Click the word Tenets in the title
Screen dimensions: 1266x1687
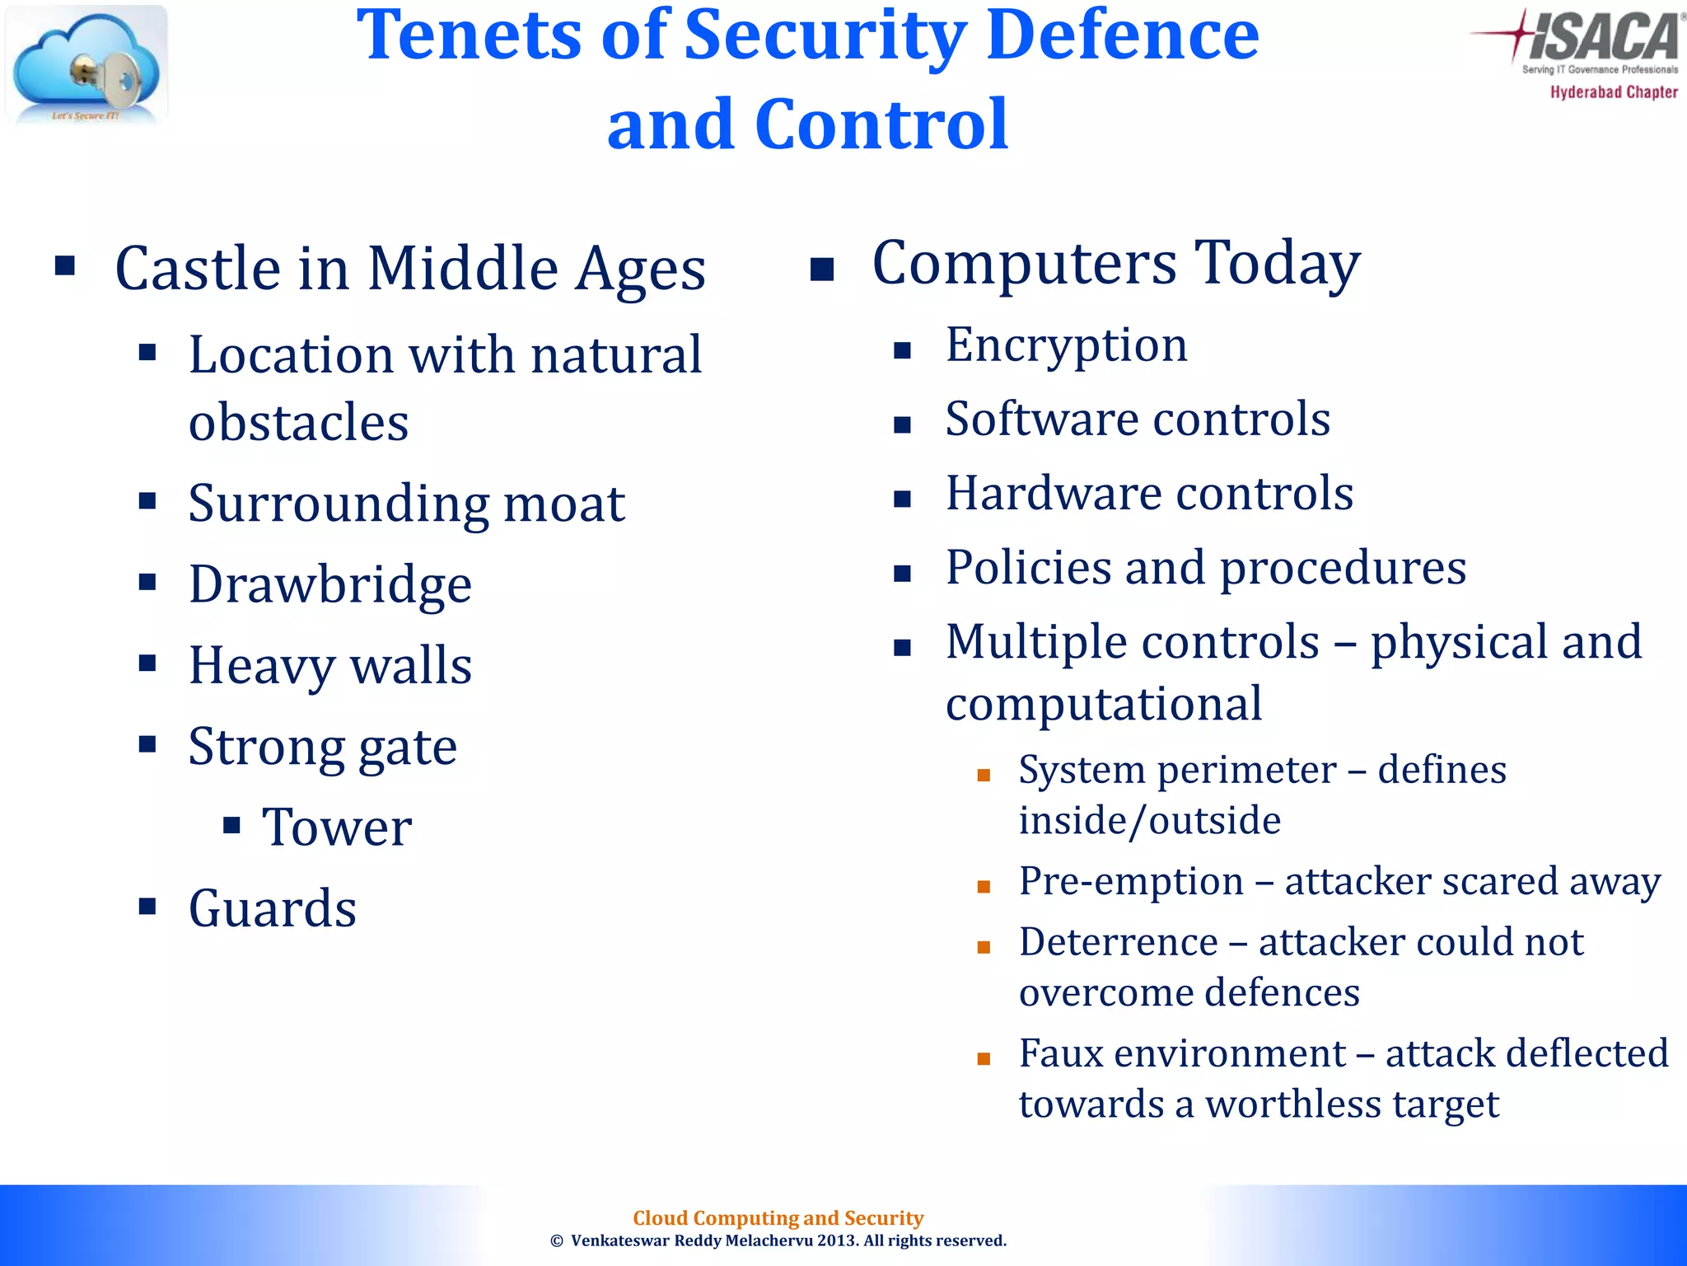470,36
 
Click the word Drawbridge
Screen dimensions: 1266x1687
330,584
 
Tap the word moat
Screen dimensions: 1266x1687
564,504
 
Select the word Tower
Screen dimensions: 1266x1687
337,828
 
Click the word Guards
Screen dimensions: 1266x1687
273,908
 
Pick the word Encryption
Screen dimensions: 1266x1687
1066,346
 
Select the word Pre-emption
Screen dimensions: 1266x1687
1130,881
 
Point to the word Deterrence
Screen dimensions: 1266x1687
1118,942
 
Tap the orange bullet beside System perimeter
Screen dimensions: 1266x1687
983,776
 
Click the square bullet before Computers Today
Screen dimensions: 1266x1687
822,270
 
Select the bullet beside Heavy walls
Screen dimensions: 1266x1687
147,663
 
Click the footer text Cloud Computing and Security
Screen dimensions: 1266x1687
778,1217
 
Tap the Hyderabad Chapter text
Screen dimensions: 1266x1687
1613,92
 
